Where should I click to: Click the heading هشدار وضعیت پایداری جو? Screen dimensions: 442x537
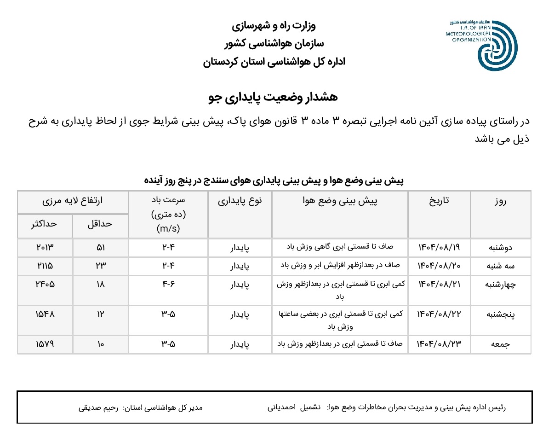pos(274,97)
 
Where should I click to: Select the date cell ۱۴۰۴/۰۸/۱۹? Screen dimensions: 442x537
pos(439,247)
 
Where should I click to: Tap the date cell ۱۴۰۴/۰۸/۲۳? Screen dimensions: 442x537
pos(439,344)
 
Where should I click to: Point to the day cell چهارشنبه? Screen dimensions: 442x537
pos(501,285)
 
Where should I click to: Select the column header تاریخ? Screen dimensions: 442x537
pos(439,201)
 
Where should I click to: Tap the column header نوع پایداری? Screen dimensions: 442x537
pos(240,201)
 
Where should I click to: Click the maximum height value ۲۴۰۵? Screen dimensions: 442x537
pos(45,284)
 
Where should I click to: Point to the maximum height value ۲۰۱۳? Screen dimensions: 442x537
pos(45,247)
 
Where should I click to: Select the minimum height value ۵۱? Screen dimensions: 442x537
pos(100,247)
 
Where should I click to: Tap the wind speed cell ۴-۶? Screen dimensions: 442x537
pos(168,284)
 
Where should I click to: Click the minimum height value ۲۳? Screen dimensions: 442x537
pos(100,265)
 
